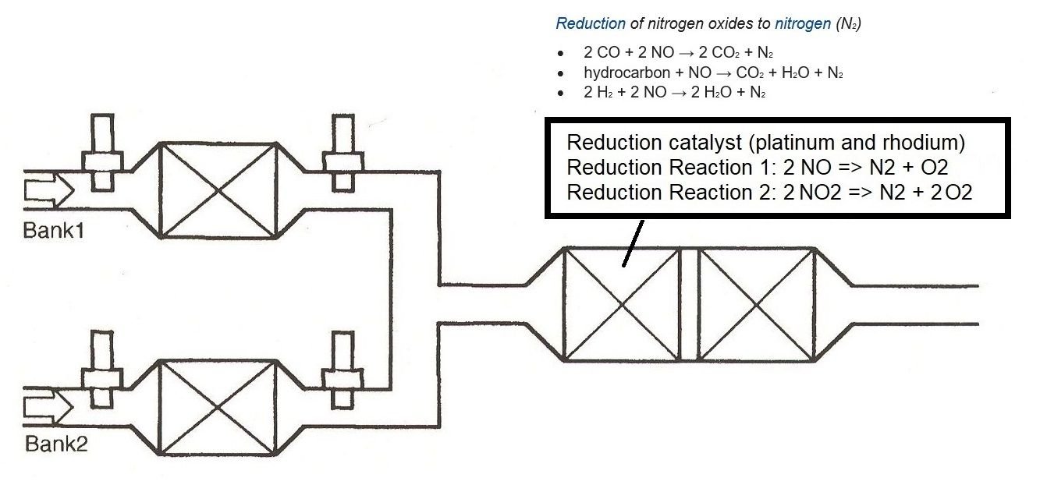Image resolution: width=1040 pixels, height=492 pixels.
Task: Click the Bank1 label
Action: [55, 232]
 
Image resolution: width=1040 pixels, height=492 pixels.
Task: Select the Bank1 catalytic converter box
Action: [218, 189]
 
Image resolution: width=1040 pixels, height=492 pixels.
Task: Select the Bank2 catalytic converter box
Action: [218, 406]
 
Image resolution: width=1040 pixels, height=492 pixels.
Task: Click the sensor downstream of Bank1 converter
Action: [343, 153]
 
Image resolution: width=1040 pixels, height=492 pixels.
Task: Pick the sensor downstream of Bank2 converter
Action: [343, 369]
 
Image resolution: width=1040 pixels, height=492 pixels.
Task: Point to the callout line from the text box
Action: [633, 242]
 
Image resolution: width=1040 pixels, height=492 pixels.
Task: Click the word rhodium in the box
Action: [934, 143]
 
